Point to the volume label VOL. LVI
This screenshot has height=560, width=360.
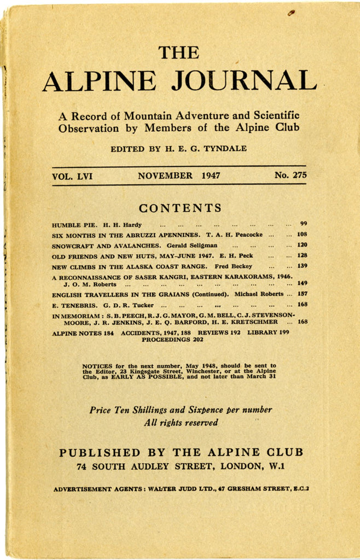coord(72,176)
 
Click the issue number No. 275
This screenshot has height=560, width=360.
coord(291,176)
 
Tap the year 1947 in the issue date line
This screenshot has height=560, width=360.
coord(211,176)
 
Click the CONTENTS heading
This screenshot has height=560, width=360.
coord(180,208)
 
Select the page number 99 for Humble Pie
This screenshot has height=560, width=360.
coord(303,224)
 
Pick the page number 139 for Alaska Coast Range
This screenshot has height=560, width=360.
coord(301,266)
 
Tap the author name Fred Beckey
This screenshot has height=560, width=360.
coord(233,266)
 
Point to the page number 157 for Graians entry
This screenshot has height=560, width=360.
coord(301,294)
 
